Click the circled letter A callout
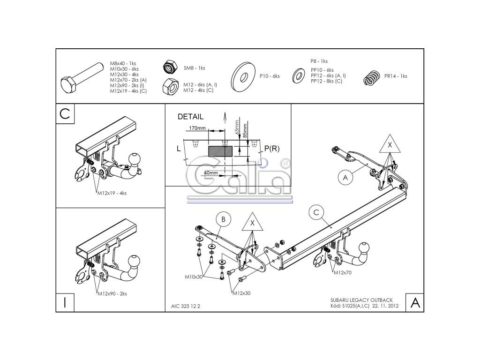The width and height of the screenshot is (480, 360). [345, 177]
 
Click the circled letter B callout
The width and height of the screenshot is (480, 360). [224, 219]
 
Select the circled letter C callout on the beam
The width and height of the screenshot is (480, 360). [316, 213]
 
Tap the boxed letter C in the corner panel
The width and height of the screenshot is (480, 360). [65, 113]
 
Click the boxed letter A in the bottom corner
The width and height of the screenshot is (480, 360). [414, 302]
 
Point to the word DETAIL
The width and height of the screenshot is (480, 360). [191, 117]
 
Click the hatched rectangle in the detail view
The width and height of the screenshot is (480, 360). [220, 150]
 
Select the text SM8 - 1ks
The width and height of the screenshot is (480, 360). [194, 68]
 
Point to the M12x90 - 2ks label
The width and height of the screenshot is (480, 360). [112, 294]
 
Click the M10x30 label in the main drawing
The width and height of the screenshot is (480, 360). [194, 277]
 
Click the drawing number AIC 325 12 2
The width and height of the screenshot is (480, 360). [186, 307]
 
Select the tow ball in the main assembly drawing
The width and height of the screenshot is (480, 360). [365, 248]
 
